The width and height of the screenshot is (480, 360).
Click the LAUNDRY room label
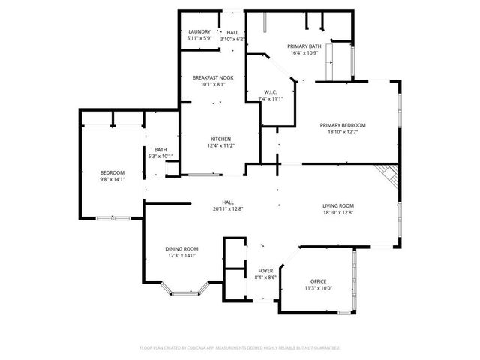199,31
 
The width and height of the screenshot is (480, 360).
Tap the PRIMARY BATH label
304,46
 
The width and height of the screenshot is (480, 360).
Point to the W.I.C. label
270,91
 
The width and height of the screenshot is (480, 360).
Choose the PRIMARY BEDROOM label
343,125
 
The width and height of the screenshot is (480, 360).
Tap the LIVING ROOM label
338,205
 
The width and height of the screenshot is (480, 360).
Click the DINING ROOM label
181,249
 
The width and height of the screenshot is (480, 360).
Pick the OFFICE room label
319,280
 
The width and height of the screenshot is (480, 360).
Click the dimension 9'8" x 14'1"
112,179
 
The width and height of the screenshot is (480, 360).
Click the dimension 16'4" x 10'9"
304,53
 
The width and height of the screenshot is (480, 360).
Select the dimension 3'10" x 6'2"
233,38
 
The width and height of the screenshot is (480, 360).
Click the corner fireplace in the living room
388,176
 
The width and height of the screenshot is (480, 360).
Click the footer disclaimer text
240,348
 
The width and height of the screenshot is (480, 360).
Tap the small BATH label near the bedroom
160,149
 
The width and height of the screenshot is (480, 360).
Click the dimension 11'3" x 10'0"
319,287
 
